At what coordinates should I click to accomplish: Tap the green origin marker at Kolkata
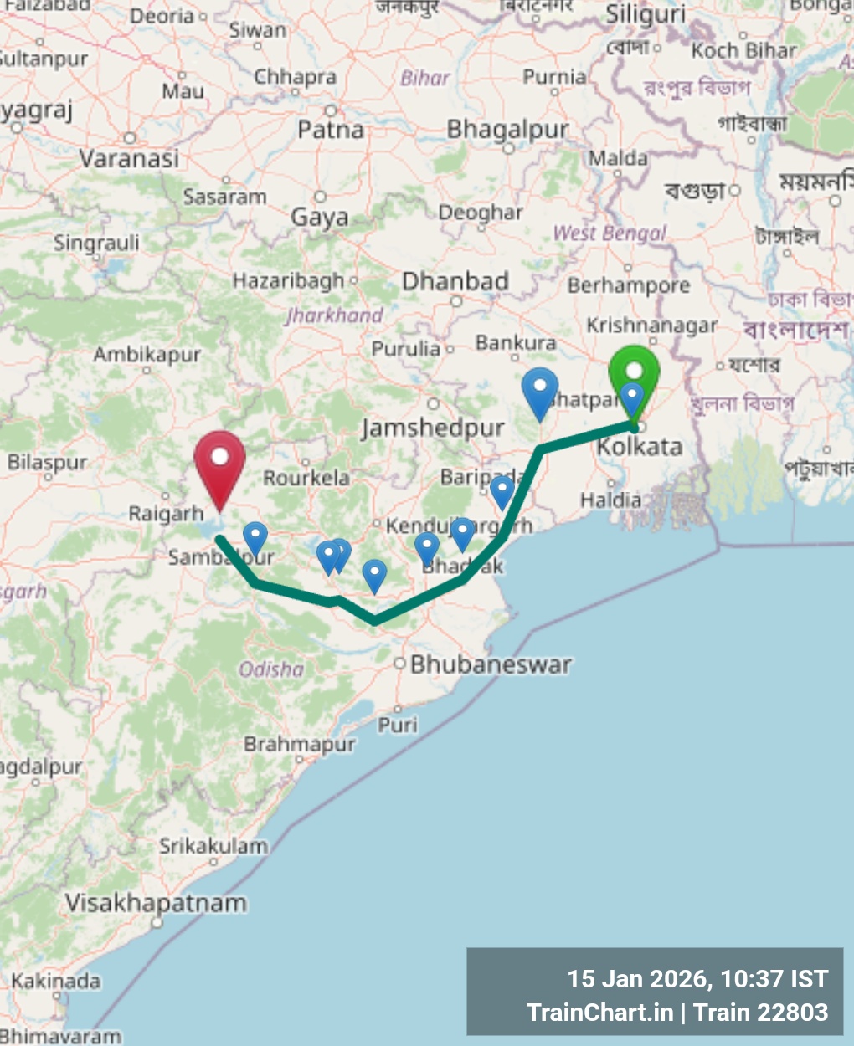tap(634, 372)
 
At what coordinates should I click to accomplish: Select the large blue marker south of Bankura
tap(540, 391)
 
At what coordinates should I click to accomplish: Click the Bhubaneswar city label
tap(491, 665)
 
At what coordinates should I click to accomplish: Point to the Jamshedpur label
tap(433, 428)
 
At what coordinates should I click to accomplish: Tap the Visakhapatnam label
tap(157, 904)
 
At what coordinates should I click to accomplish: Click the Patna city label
tap(331, 130)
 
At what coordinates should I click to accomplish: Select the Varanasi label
tap(129, 158)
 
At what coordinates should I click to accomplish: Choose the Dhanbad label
tap(455, 281)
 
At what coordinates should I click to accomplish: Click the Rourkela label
tap(306, 478)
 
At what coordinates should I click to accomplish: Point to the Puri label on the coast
tap(398, 724)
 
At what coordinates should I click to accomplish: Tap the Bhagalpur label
tap(507, 130)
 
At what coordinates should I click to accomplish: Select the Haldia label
tap(611, 500)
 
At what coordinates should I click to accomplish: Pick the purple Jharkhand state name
tap(334, 315)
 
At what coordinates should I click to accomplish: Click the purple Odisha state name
tap(271, 669)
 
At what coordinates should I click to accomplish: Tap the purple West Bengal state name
tap(610, 233)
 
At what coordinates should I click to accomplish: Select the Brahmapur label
tap(300, 744)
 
